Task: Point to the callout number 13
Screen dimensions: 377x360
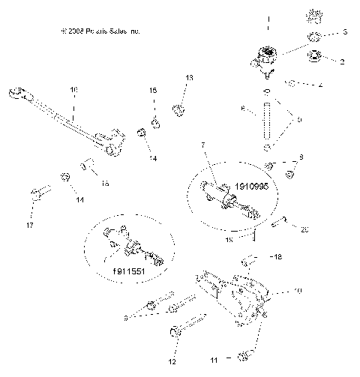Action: coord(189,78)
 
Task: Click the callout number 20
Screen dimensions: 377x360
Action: coord(303,230)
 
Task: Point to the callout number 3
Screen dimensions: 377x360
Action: coord(345,32)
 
